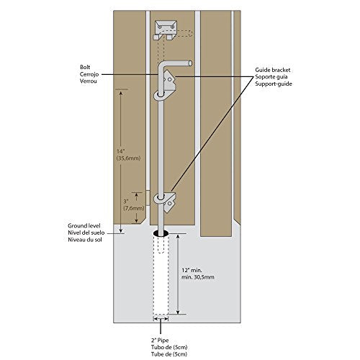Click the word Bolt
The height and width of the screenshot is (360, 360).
pos(85,67)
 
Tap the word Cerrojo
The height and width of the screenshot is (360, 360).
pos(89,74)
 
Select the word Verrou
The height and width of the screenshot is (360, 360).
pos(89,81)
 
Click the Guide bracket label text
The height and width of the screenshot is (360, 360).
pos(273,70)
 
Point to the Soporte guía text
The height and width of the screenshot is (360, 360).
pos(271,77)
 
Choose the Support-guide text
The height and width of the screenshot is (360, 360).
pos(274,84)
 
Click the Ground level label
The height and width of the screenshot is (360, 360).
pos(84,226)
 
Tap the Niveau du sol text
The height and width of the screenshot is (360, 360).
pos(85,240)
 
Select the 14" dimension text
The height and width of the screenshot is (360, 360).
pos(121,151)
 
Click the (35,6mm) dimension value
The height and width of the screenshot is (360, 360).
pos(128,158)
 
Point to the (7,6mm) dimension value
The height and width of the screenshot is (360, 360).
pos(134,208)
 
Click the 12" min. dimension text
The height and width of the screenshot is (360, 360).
pos(192,270)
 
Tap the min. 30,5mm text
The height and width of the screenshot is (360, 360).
pos(198,277)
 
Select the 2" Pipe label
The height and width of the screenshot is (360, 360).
pos(160,341)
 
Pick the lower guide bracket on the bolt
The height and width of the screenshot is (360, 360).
pos(166,199)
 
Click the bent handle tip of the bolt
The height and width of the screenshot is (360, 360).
pos(190,63)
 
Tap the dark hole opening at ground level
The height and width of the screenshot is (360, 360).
pos(161,233)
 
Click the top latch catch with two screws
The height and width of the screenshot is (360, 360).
pos(166,30)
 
